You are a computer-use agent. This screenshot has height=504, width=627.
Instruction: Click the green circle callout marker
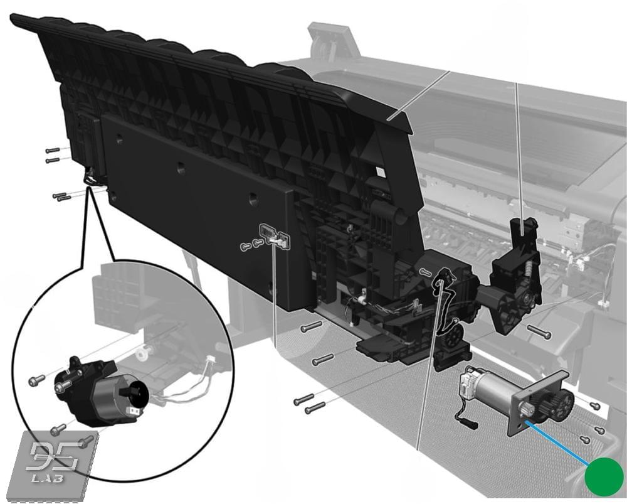click(x=604, y=476)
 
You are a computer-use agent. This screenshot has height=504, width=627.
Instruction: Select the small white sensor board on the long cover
click(x=275, y=236)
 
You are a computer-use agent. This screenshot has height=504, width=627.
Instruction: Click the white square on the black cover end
click(x=381, y=172)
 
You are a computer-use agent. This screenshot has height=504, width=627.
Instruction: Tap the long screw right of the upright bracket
click(x=539, y=332)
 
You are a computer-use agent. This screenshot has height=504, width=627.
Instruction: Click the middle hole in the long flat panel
click(x=181, y=167)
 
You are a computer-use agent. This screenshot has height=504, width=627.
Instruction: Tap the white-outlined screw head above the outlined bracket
click(x=426, y=273)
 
